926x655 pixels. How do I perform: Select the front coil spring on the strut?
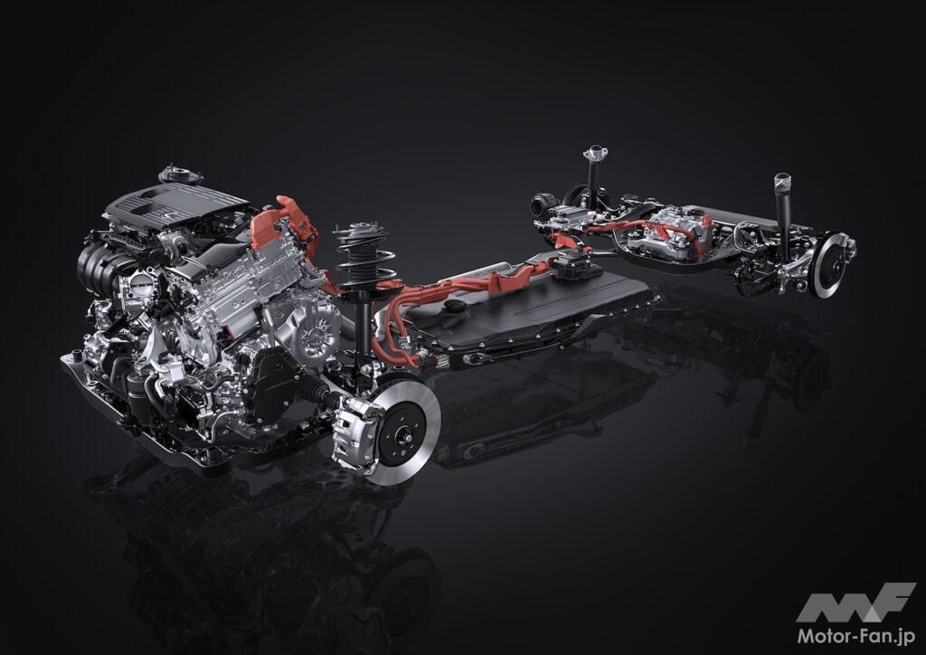[364, 254]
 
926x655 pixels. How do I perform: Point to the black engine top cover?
[176, 204]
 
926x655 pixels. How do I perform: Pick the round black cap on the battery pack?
[453, 307]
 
